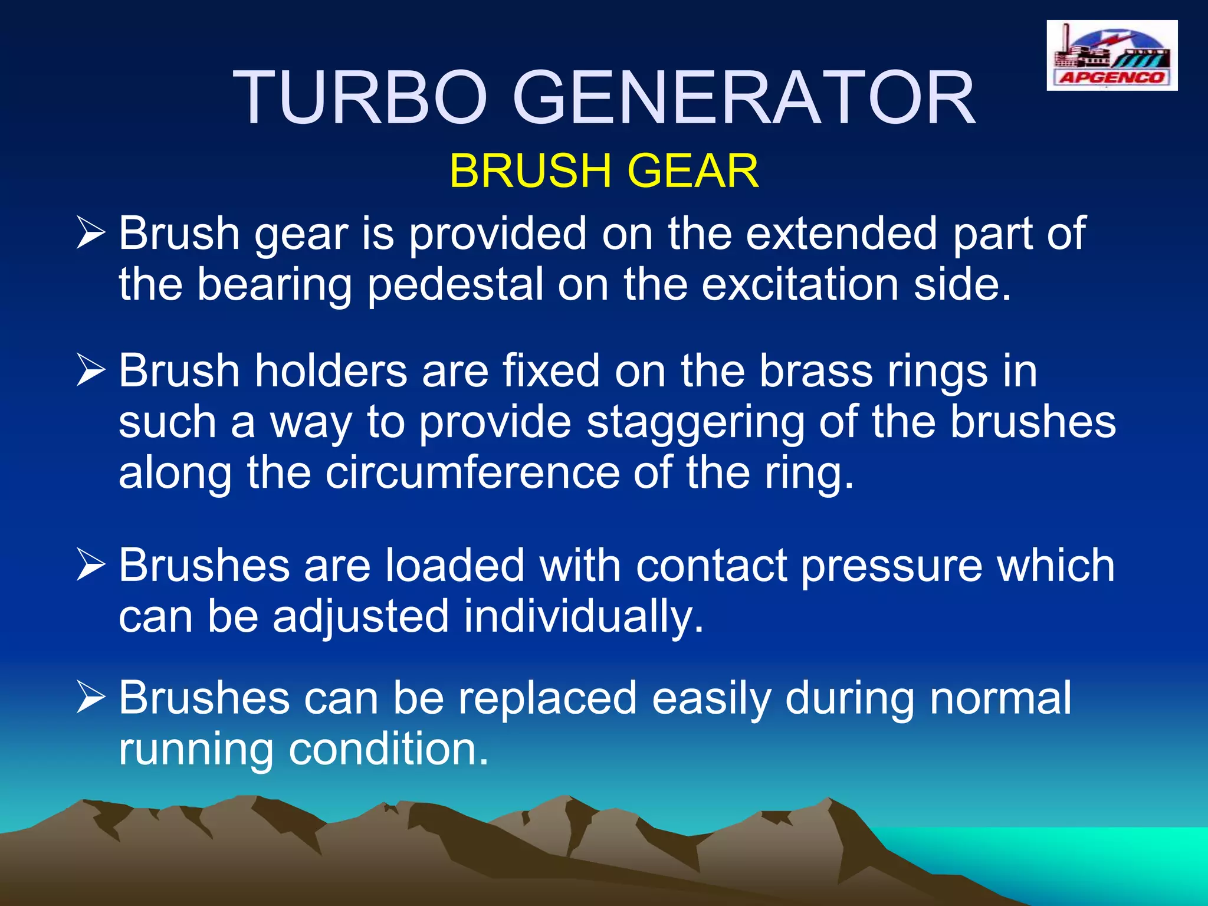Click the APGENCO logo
[1112, 55]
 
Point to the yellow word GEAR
[692, 171]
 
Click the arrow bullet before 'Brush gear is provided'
[91, 234]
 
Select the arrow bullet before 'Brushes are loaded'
[91, 566]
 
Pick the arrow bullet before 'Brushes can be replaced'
[91, 698]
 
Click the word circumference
[472, 473]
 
